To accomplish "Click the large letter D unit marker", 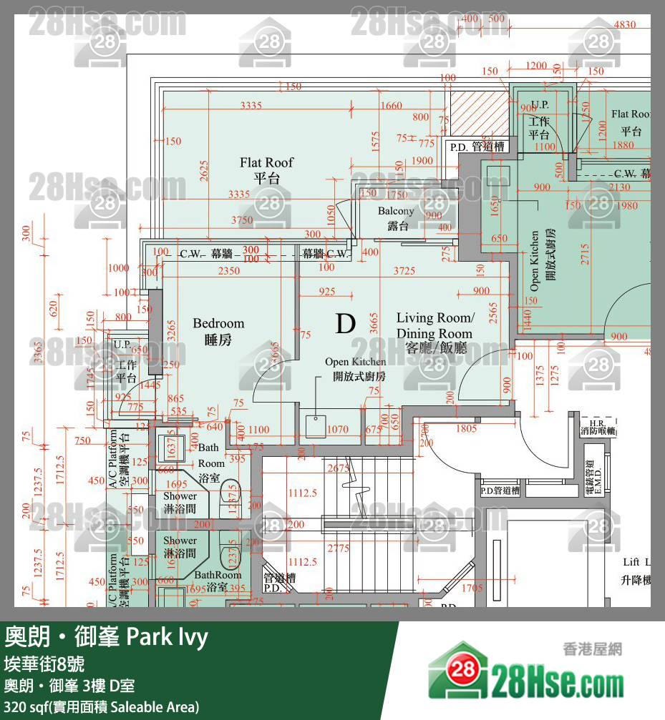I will [x=345, y=323].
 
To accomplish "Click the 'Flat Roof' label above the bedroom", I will [x=266, y=163].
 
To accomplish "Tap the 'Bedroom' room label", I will [x=218, y=324].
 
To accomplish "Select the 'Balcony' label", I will [x=396, y=211].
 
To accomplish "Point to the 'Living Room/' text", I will [x=435, y=317].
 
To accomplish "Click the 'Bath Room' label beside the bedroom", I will [x=210, y=455].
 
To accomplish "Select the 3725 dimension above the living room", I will [x=404, y=270].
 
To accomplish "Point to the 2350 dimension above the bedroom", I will [x=229, y=271].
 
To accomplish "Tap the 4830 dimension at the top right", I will [x=626, y=24].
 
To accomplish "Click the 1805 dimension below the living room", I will [x=466, y=429].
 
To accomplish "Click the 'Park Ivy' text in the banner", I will [x=167, y=636].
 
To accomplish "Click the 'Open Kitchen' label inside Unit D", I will [x=356, y=362].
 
